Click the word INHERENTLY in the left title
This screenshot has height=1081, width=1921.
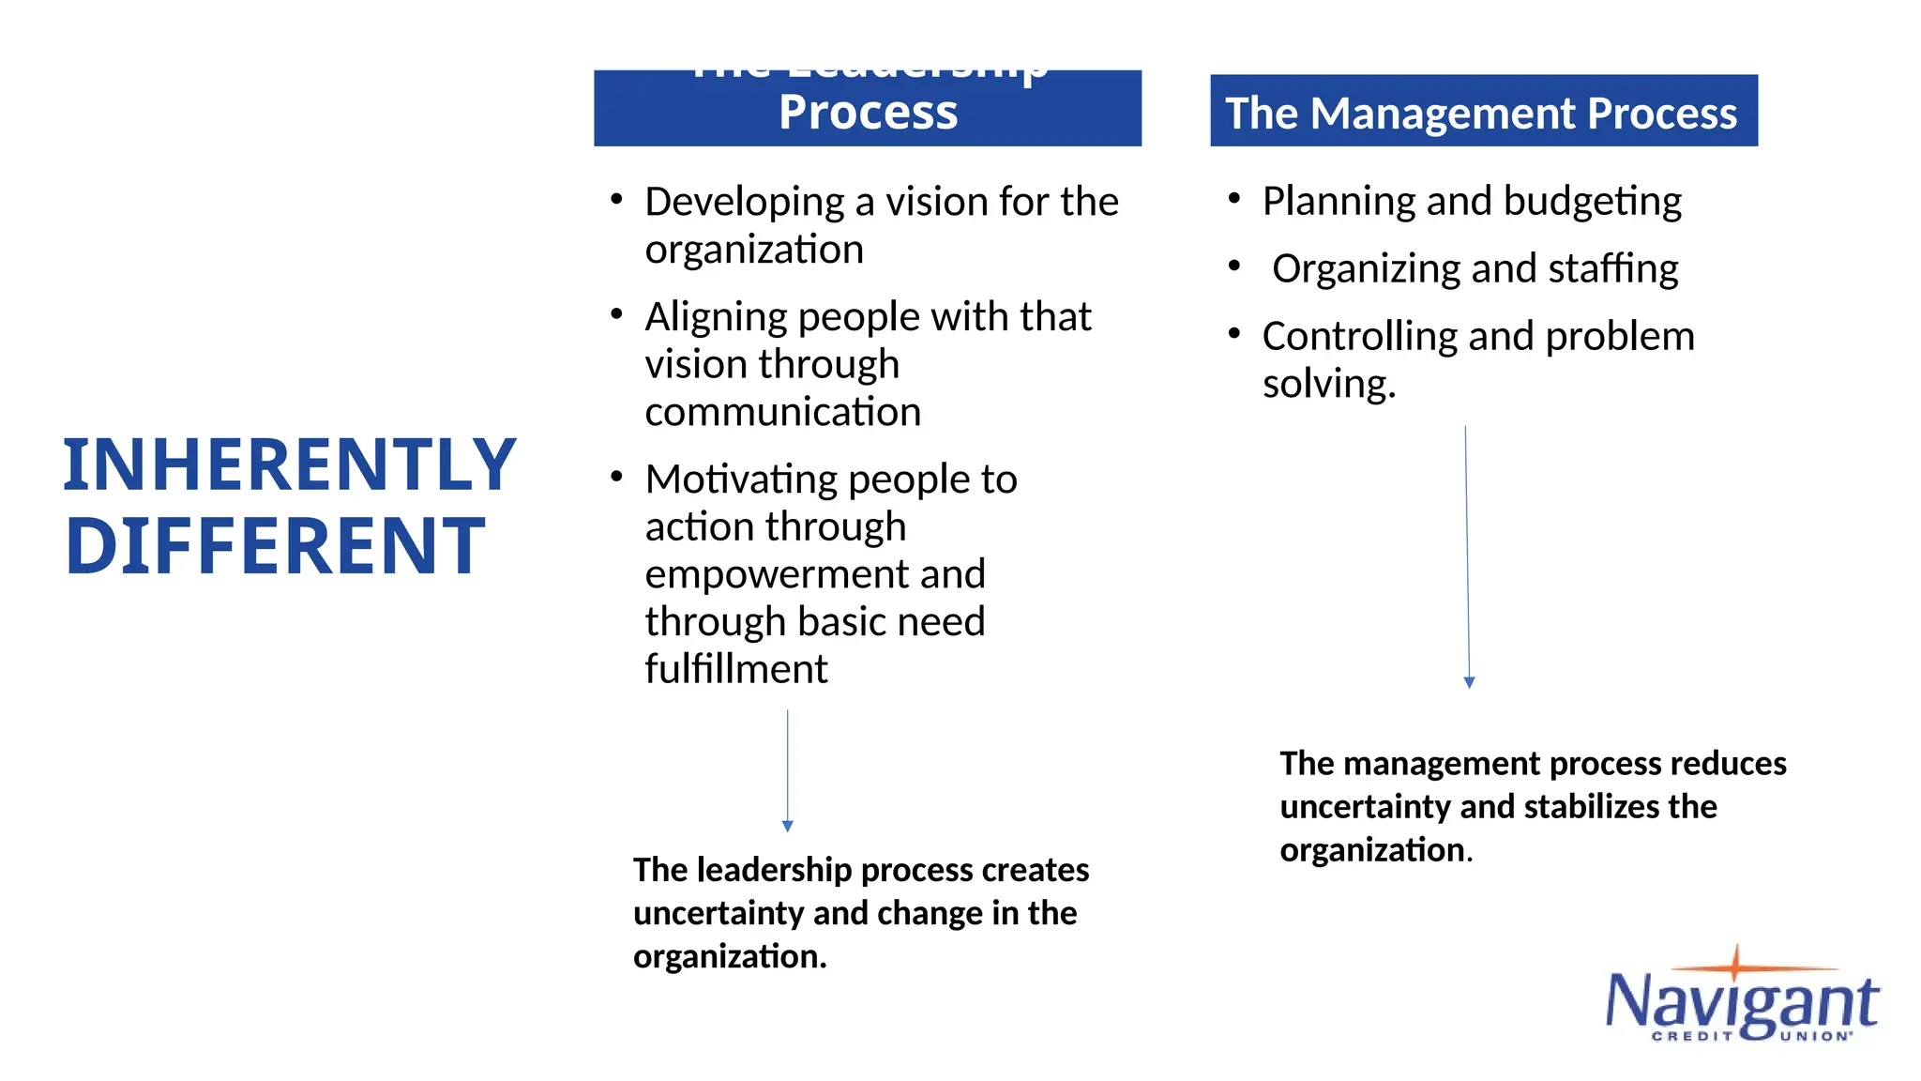[289, 465]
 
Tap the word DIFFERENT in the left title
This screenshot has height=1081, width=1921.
[275, 546]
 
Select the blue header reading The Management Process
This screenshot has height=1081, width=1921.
[1483, 112]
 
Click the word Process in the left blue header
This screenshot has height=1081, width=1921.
[868, 113]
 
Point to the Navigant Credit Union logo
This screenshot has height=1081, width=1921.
[1742, 1000]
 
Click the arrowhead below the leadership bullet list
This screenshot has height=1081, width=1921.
[788, 827]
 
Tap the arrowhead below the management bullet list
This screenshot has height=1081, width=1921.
[1469, 683]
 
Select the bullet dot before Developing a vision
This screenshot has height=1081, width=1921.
[616, 199]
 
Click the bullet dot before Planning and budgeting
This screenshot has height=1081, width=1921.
[1233, 198]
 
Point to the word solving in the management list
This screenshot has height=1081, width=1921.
[1328, 385]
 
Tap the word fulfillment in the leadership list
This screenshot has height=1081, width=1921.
[735, 669]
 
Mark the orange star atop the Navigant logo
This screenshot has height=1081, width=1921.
[1734, 964]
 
